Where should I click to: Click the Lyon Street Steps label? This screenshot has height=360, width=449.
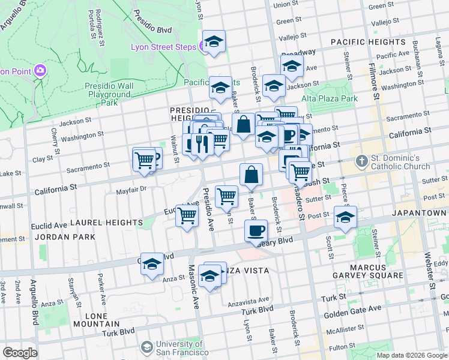coord(164,47)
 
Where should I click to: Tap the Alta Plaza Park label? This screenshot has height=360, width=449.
coord(329,98)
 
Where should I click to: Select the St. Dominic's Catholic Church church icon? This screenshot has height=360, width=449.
coord(361,161)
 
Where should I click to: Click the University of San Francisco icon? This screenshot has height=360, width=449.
coord(147,347)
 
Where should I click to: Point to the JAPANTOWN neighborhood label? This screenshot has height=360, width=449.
coord(418,213)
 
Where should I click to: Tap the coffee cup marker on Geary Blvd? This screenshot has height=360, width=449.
coord(256,230)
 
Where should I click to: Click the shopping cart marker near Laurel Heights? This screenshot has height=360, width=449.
coord(187,215)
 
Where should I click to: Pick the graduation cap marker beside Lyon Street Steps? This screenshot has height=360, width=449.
coord(213,41)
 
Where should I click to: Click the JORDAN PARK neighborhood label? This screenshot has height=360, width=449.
coord(65,237)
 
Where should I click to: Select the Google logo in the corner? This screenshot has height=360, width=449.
coord(20,352)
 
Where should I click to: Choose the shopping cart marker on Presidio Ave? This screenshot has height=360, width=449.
coord(226,196)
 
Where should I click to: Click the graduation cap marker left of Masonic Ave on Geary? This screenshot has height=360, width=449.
coord(152,265)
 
